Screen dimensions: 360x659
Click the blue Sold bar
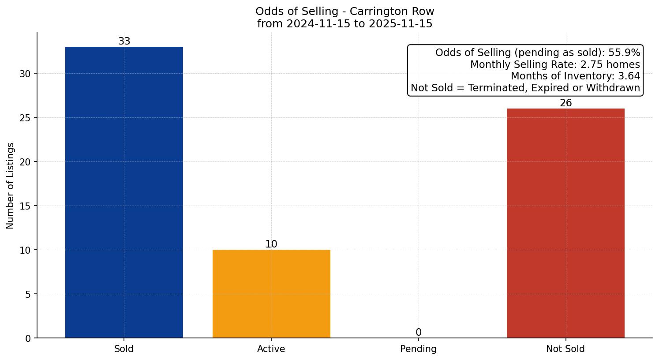(x=124, y=192)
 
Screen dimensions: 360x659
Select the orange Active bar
(x=271, y=293)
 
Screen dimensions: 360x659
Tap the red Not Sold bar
(x=565, y=223)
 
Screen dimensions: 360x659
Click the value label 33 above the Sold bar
(x=124, y=41)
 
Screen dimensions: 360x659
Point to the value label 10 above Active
(x=271, y=244)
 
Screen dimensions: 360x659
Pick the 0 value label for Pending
(x=418, y=332)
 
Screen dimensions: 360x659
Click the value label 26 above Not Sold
(x=565, y=103)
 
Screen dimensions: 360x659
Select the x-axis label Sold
(x=124, y=349)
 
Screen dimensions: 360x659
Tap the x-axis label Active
(x=271, y=349)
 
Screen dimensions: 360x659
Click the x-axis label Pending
(x=418, y=349)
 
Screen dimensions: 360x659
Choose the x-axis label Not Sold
(x=565, y=349)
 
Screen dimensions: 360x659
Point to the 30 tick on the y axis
(x=25, y=74)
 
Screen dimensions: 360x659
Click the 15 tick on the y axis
(x=25, y=206)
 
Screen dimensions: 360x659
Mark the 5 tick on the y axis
(x=28, y=294)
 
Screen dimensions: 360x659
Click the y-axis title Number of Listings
(x=11, y=185)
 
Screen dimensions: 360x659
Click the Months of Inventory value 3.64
(x=629, y=76)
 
